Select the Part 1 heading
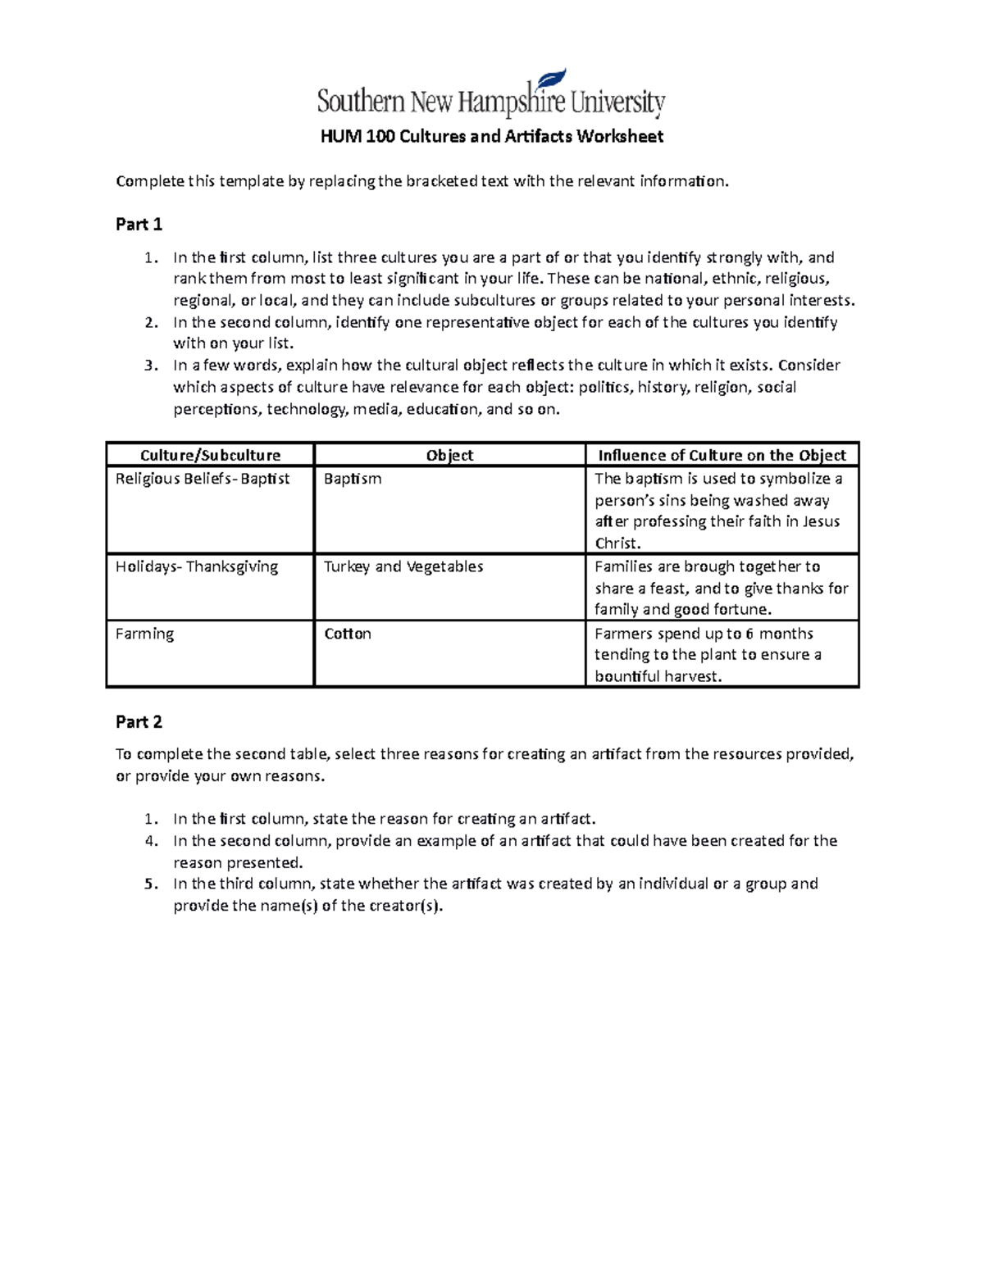tap(139, 225)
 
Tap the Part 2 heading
tap(139, 722)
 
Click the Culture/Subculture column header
tap(210, 456)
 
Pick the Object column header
tap(449, 456)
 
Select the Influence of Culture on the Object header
tap(722, 456)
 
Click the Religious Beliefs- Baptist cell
tap(203, 480)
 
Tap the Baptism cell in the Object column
tap(353, 480)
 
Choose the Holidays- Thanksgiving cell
tap(197, 567)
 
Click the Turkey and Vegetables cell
tap(403, 567)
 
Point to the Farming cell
tap(145, 634)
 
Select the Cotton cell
tap(348, 634)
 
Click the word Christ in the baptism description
tap(615, 543)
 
